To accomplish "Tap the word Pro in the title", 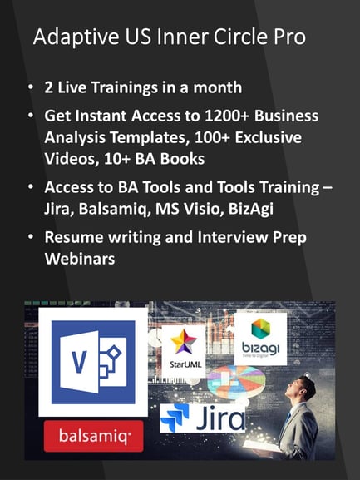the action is (289, 37).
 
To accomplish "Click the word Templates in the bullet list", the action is (148, 138).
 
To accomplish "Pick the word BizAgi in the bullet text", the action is (251, 210).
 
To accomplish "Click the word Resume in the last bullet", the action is (74, 238).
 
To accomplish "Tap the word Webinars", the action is (80, 259).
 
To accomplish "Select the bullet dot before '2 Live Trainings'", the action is (30, 87).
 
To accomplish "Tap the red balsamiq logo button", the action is (94, 436).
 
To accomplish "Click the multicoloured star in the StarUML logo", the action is (184, 341).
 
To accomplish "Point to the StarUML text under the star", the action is (185, 364).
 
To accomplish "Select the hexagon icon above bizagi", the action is (261, 329).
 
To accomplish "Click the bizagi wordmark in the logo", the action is (261, 348).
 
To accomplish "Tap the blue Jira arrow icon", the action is (175, 417).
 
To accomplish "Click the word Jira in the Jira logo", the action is (220, 418).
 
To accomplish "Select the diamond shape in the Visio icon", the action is (113, 354).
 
